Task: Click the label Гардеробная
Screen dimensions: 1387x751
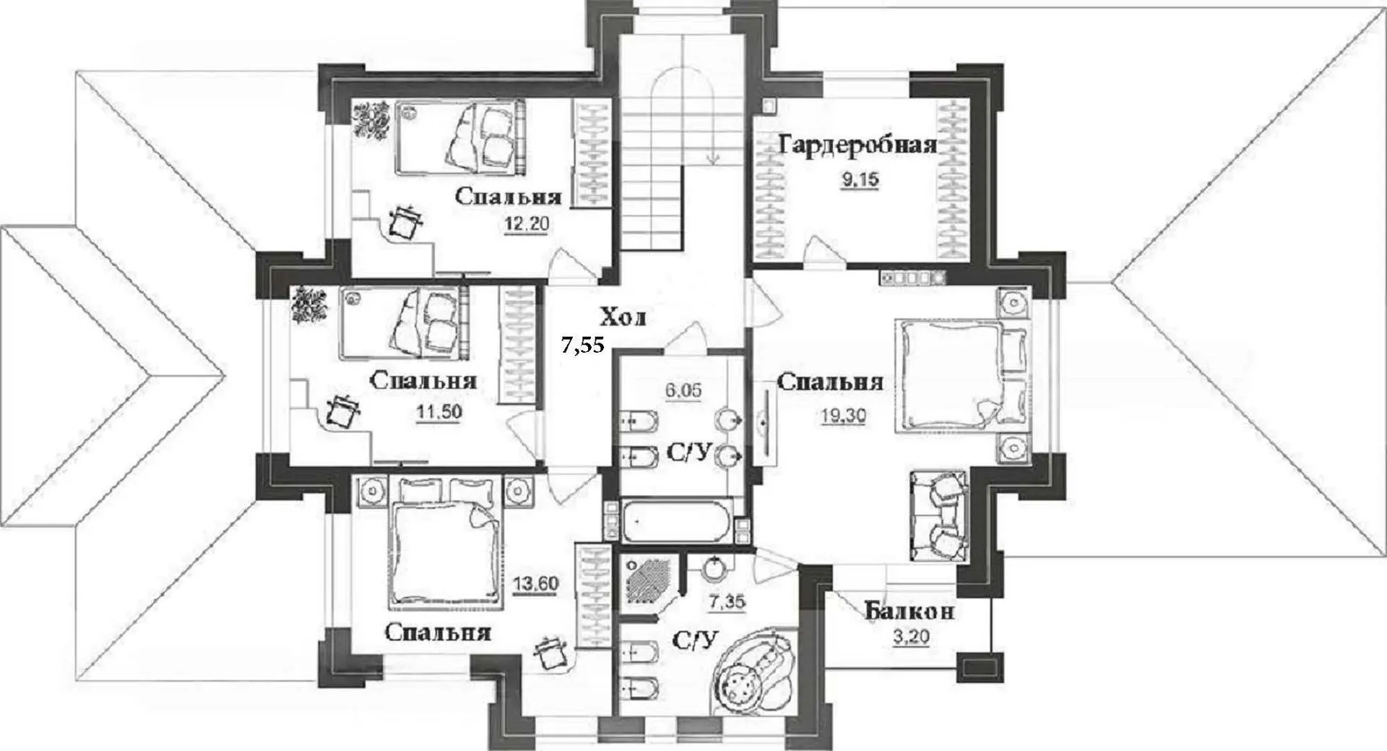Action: [858, 145]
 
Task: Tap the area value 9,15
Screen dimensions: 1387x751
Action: [860, 179]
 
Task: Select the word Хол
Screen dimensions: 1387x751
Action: [623, 317]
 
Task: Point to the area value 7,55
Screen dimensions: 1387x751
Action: [583, 346]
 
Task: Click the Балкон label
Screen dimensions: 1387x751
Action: [909, 611]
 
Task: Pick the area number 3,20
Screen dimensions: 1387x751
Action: [911, 638]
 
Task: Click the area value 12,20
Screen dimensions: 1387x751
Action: [527, 225]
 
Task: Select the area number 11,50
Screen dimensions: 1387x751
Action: [438, 412]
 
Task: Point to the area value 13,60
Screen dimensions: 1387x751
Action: [535, 583]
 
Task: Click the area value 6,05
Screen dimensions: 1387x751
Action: [683, 391]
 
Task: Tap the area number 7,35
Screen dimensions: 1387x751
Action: [727, 601]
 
